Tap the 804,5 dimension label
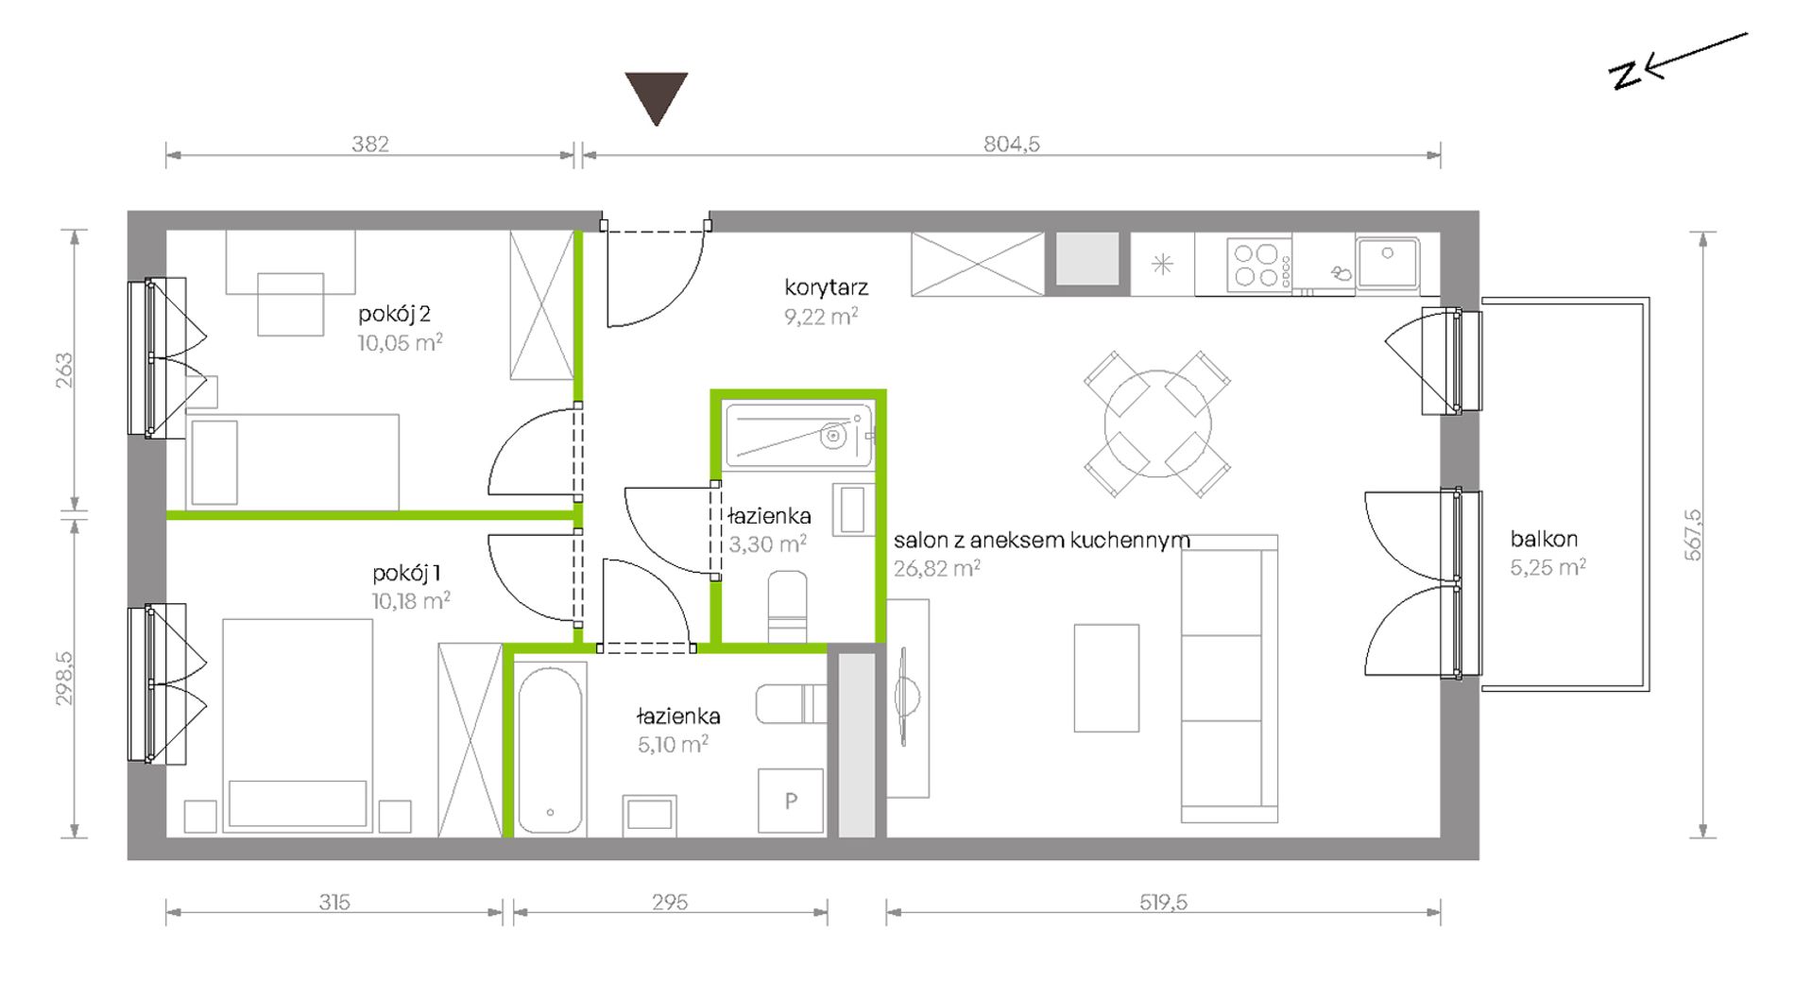pyautogui.click(x=1011, y=144)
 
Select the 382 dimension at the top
pyautogui.click(x=370, y=144)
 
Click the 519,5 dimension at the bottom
pyautogui.click(x=1163, y=902)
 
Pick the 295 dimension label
pyautogui.click(x=670, y=902)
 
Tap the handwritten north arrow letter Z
pyautogui.click(x=1627, y=75)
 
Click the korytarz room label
pyautogui.click(x=826, y=287)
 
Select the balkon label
pyautogui.click(x=1544, y=539)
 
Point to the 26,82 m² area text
pyautogui.click(x=937, y=568)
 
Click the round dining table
pyautogui.click(x=1157, y=423)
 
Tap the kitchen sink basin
pyautogui.click(x=1387, y=264)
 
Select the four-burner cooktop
pyautogui.click(x=1258, y=265)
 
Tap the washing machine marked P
pyautogui.click(x=791, y=801)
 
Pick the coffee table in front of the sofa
pyautogui.click(x=1106, y=678)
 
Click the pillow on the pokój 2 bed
pyautogui.click(x=214, y=463)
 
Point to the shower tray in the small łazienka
pyautogui.click(x=798, y=436)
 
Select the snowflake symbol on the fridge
pyautogui.click(x=1162, y=265)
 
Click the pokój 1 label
pyautogui.click(x=406, y=573)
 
